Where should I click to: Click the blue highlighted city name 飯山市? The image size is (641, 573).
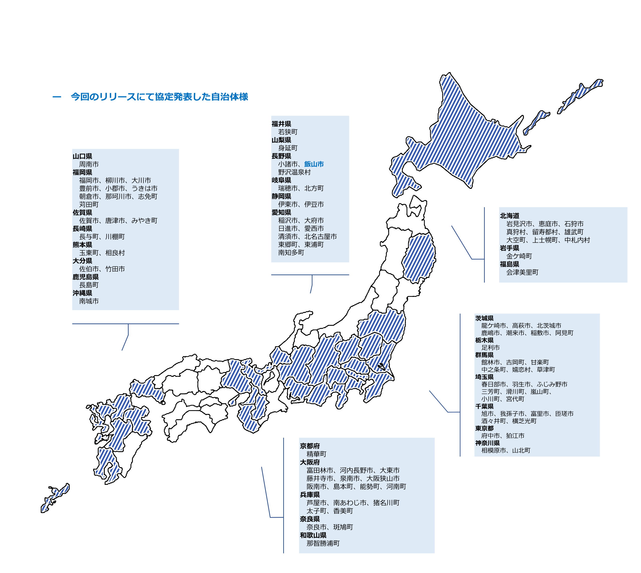tap(314, 164)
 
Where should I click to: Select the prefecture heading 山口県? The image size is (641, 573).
tap(82, 156)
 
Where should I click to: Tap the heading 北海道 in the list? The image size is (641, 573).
tap(510, 216)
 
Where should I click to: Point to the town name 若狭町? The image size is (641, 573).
tap(288, 132)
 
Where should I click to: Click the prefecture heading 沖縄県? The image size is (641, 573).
tap(82, 293)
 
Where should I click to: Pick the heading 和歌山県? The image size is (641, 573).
tap(313, 535)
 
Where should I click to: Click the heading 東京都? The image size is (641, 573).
tap(484, 428)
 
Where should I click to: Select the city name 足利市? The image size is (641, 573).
tap(491, 348)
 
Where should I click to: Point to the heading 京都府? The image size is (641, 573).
tap(310, 446)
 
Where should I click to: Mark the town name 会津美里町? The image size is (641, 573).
tap(522, 272)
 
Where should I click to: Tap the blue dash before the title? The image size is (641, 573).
tap(57, 97)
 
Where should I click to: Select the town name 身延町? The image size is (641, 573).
tap(288, 148)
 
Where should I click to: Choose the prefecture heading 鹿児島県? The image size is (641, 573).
tap(86, 277)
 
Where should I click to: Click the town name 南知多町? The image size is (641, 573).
tap(291, 253)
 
